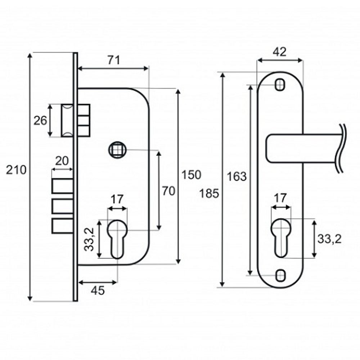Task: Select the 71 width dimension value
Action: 114,60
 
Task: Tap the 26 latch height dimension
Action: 40,120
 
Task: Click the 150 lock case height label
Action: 191,175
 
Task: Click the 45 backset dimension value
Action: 98,291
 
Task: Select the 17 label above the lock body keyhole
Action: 117,199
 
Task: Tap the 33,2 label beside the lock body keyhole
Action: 91,239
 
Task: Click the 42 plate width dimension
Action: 279,52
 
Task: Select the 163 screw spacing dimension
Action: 237,176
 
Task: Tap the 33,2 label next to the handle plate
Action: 329,238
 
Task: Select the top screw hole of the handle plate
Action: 280,85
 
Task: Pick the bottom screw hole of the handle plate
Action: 280,275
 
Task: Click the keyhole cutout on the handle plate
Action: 280,238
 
